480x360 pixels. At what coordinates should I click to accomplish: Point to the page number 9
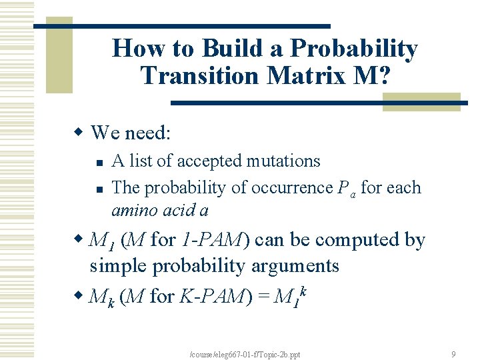[453, 354]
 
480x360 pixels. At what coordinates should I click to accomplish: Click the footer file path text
[245, 354]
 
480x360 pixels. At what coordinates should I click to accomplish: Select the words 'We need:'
[131, 133]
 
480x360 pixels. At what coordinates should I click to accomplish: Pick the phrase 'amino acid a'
[160, 211]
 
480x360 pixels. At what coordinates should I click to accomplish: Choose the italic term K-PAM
[212, 296]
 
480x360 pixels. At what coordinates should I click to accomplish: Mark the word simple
[119, 266]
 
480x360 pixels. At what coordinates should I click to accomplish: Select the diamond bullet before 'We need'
[79, 133]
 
